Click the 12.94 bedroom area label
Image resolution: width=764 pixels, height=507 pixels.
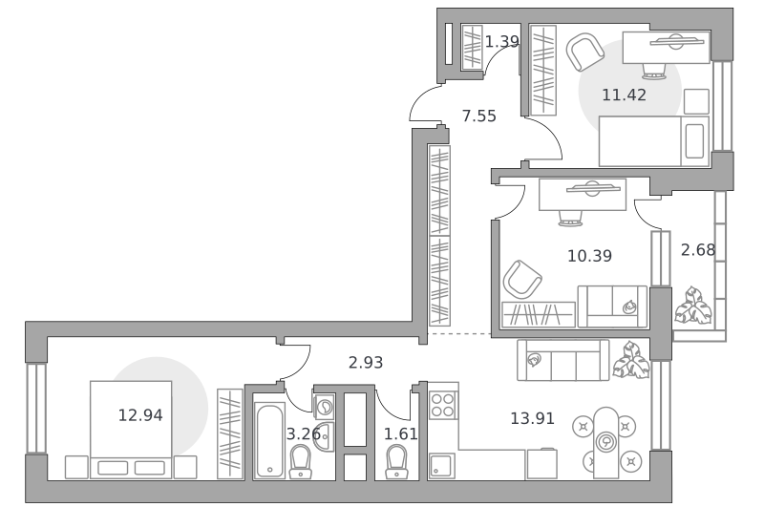(x=140, y=415)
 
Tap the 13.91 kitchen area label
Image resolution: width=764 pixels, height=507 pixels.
(x=532, y=418)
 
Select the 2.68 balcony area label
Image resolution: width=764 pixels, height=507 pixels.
(x=698, y=250)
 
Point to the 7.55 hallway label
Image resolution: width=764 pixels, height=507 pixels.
(x=479, y=116)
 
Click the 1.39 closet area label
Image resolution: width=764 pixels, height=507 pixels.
(x=502, y=41)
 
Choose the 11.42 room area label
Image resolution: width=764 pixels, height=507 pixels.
(x=625, y=95)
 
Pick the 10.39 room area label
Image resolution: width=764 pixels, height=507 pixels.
(x=589, y=256)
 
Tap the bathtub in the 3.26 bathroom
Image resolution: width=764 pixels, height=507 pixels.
(x=269, y=440)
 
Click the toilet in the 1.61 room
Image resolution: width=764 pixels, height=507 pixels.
(x=396, y=463)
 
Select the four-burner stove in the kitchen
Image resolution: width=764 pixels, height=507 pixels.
(x=443, y=405)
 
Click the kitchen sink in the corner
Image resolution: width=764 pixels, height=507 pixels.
(x=442, y=465)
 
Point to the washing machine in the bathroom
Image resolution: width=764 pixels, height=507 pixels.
(x=324, y=407)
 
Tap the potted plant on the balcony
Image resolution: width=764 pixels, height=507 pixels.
(x=693, y=306)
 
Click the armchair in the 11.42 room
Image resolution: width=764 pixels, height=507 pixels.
(x=585, y=52)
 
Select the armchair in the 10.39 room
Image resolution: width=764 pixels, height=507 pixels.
(x=521, y=279)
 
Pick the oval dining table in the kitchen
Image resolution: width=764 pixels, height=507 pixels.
(x=606, y=442)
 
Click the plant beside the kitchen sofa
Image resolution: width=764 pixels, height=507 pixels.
(x=631, y=360)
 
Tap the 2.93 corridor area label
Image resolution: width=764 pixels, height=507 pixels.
(x=366, y=363)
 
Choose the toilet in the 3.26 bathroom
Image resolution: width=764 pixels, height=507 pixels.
(x=300, y=463)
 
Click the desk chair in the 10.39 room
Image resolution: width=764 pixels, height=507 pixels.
(x=570, y=219)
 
